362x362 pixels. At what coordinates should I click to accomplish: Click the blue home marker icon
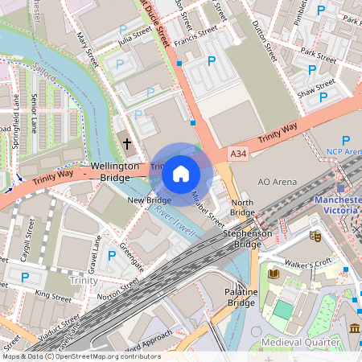[x=181, y=173]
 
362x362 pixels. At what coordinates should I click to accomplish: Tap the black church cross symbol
[x=149, y=144]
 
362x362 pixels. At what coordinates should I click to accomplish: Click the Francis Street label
[x=197, y=35]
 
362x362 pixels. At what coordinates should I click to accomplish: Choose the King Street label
[x=54, y=296]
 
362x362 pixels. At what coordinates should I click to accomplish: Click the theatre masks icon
[x=316, y=237]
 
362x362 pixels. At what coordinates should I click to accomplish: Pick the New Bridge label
[x=149, y=200]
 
